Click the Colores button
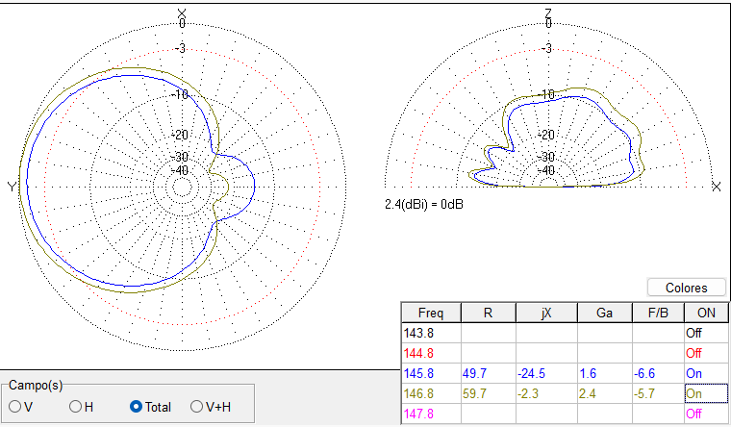point(687,288)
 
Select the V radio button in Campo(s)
point(15,407)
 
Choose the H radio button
point(75,407)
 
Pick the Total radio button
point(137,407)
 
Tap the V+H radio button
point(198,407)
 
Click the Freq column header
point(431,313)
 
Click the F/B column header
point(658,313)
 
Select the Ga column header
point(604,313)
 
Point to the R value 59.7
point(478,392)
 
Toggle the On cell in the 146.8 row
point(695,392)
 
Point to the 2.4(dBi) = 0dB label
point(424,204)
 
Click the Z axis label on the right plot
point(547,13)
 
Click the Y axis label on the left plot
point(12,186)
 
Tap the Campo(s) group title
point(36,385)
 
